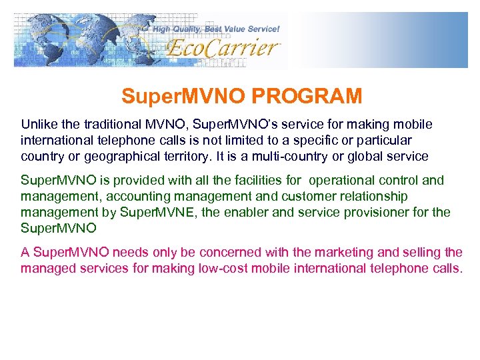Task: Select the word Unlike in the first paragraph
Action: [x=38, y=125]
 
